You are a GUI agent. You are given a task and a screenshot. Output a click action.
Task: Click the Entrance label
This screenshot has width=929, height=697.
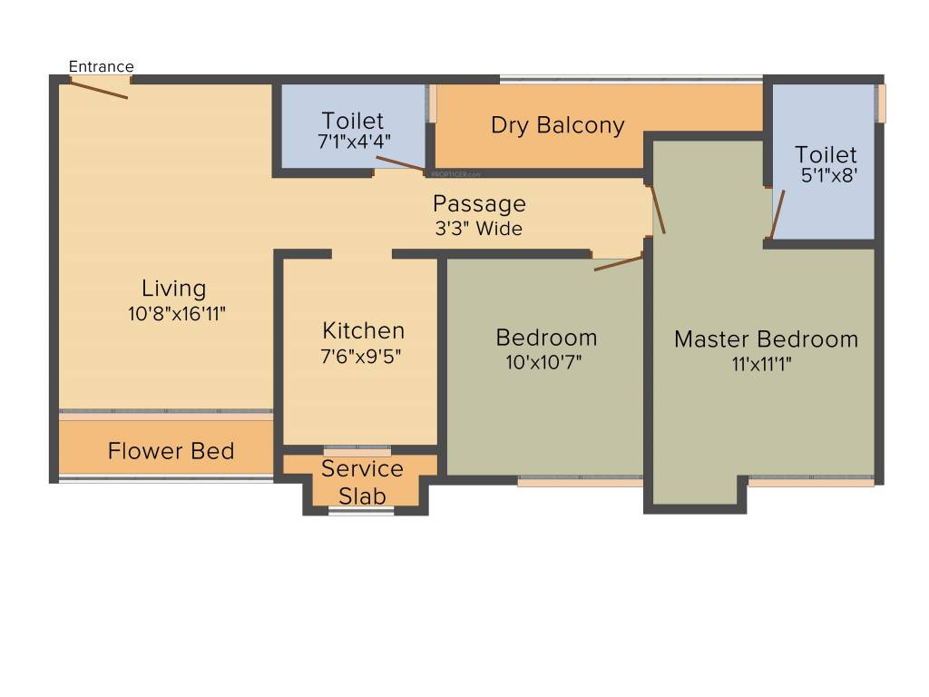pos(102,66)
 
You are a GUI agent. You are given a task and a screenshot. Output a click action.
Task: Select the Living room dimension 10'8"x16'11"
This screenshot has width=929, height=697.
pos(177,314)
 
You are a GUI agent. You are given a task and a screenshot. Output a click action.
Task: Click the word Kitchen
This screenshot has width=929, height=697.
pos(364,330)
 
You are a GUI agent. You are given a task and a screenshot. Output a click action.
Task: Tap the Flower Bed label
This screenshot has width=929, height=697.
pos(171,451)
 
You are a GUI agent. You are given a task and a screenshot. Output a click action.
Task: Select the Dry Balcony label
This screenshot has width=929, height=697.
pos(558,125)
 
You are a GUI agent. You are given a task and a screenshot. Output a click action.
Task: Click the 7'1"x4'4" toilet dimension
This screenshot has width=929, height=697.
pos(354,142)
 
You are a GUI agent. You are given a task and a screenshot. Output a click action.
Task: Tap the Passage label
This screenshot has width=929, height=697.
pos(479,203)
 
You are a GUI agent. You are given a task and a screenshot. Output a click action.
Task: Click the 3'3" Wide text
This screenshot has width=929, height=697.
pos(479,229)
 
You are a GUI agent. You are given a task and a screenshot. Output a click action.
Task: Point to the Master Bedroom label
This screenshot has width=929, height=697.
pos(766,339)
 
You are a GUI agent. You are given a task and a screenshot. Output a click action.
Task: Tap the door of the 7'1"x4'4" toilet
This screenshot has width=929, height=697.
pos(399,163)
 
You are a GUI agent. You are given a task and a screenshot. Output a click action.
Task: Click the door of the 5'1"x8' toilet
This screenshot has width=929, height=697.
pos(777,213)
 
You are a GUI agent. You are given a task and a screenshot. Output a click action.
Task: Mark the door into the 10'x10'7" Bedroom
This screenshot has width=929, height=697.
pos(619,263)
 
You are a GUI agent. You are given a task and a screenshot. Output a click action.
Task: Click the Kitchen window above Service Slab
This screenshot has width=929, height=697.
pos(357,448)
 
